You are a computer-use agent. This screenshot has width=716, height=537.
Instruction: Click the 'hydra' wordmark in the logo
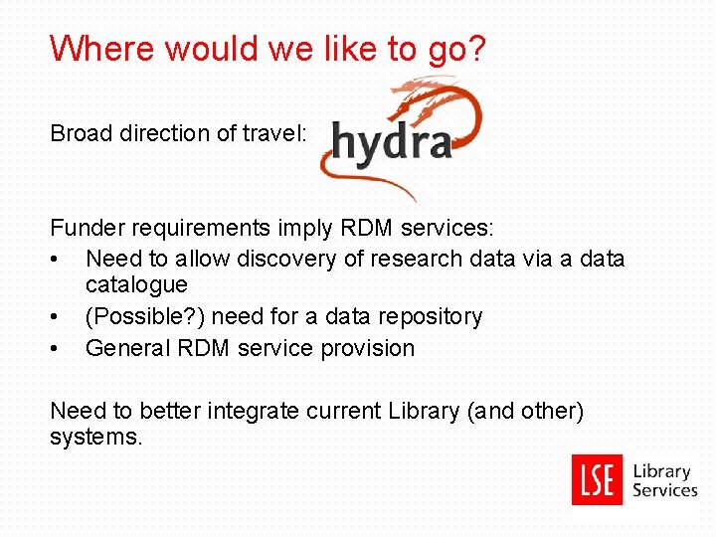click(392, 142)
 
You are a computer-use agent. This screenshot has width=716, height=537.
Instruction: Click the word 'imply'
click(304, 228)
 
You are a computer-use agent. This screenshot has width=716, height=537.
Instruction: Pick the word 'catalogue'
click(136, 285)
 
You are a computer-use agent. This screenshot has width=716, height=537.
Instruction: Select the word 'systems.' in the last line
click(96, 438)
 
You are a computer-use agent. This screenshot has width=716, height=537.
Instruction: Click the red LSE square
click(598, 479)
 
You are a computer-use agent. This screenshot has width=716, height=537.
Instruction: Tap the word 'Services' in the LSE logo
click(665, 490)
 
